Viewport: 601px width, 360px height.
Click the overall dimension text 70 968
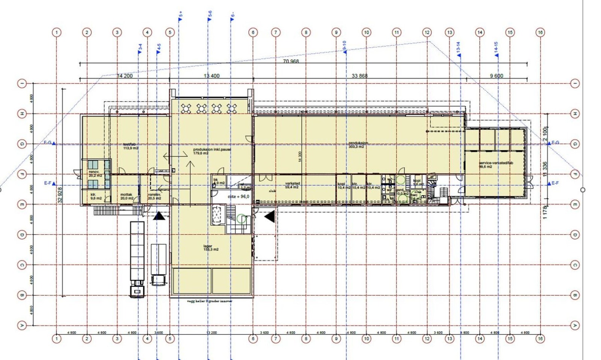tap(291, 61)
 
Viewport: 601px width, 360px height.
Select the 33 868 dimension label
tap(359, 76)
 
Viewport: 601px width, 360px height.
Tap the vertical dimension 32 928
tap(60, 195)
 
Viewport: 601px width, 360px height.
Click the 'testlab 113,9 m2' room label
tap(130, 146)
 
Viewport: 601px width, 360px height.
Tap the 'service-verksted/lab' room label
tap(495, 165)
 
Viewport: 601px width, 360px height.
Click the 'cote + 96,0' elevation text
tap(238, 197)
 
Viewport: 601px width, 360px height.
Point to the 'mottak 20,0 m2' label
tap(127, 196)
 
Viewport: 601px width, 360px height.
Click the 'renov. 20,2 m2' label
tap(95, 174)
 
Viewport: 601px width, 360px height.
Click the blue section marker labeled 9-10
tap(344, 47)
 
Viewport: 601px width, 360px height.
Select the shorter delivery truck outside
tap(159, 265)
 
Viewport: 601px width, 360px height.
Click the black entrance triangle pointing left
tap(270, 216)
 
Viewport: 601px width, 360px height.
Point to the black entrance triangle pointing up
tap(159, 216)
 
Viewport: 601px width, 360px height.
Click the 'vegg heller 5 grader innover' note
tap(210, 301)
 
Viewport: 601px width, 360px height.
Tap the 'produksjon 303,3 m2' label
tap(358, 145)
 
